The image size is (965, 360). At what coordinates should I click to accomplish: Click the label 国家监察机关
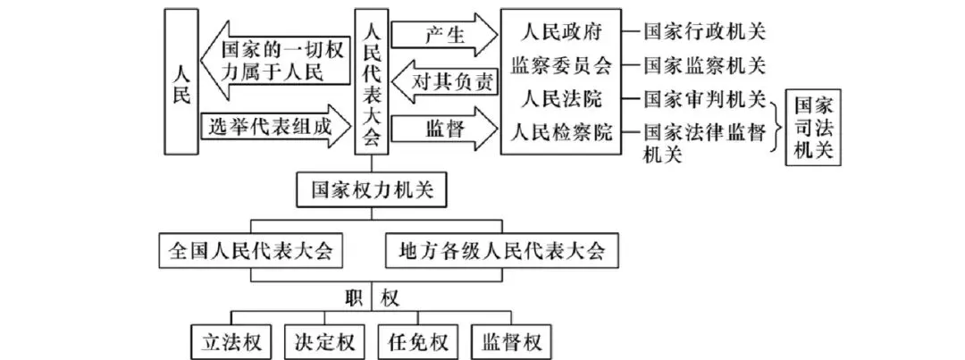706,65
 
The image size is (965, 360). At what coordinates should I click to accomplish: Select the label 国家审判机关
706,98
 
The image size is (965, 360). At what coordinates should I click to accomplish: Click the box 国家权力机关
371,190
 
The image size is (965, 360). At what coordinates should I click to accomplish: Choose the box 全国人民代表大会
251,249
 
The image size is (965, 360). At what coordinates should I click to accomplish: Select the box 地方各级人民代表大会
501,249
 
